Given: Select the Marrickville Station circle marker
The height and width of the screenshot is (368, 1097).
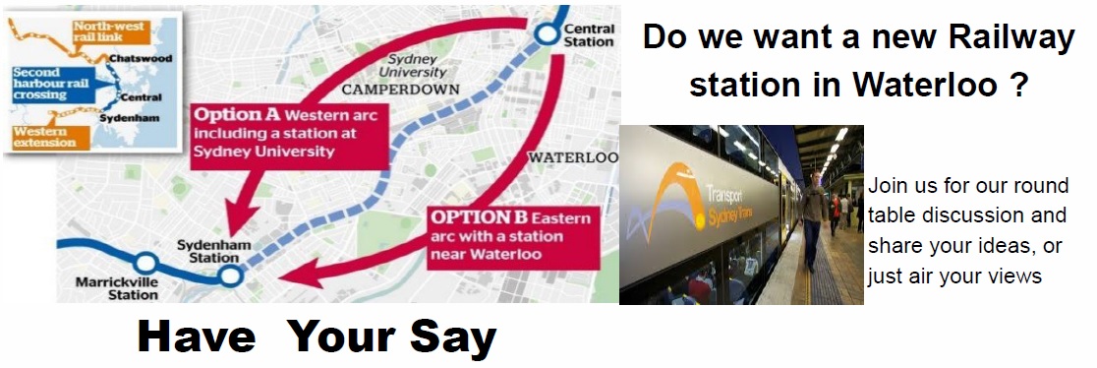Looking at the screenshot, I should pyautogui.click(x=145, y=264).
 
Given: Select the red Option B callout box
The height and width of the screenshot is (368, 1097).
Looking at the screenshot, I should pyautogui.click(x=510, y=236).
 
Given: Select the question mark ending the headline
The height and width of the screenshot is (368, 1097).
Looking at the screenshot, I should pyautogui.click(x=1018, y=85).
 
